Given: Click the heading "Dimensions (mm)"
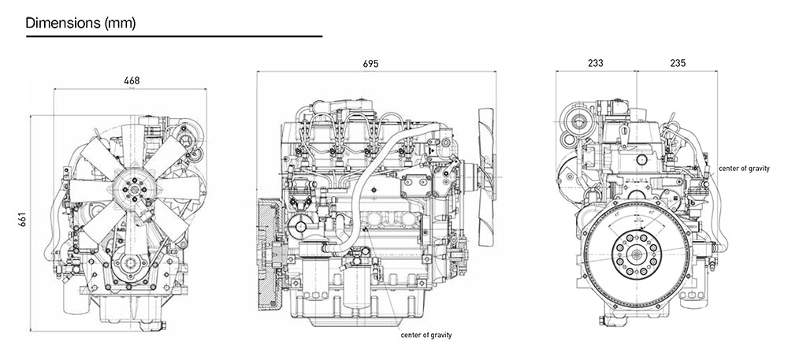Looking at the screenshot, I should (x=80, y=23).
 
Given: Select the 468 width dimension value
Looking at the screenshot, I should (x=133, y=80).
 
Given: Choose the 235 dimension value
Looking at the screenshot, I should (x=677, y=62).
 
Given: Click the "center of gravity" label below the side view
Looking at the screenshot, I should (x=426, y=335).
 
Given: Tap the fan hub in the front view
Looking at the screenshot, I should (x=131, y=190).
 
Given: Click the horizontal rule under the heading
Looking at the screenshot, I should (x=173, y=36).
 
